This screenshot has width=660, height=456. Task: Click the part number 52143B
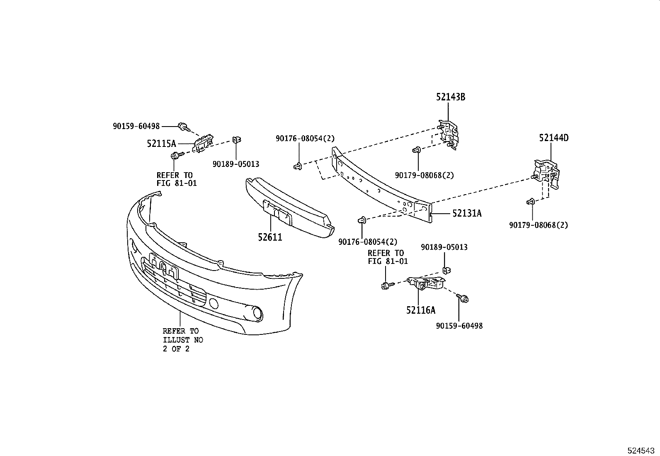coord(450,97)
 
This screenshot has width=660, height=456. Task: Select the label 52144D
coord(553,138)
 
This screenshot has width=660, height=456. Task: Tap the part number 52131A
coord(467,213)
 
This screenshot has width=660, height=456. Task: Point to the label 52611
coord(270,237)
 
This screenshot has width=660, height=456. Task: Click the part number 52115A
coord(161,144)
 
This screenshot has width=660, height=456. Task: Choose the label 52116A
coord(420,310)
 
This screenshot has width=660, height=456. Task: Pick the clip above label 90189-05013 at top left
coord(237,140)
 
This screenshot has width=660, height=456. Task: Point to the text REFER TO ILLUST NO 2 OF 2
coord(182,340)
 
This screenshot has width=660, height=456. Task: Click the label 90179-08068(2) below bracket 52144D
coord(539,225)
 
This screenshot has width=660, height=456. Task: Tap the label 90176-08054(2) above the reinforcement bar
coord(305,139)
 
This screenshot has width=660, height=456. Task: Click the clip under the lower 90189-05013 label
coord(446,271)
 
